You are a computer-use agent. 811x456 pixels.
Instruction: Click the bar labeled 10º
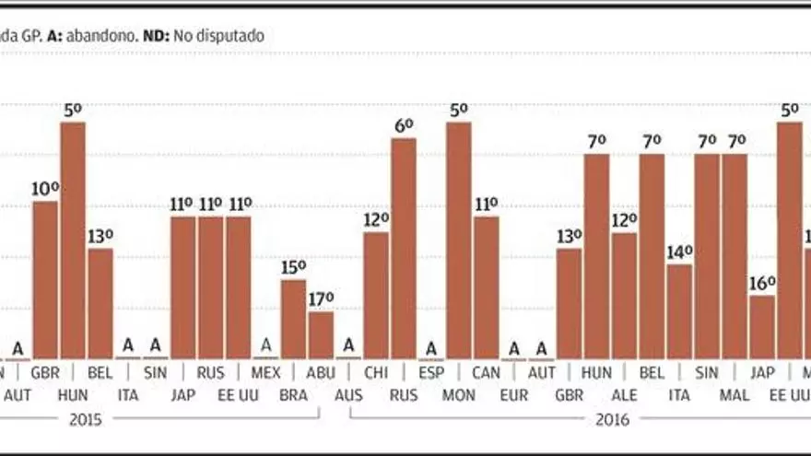[45, 280]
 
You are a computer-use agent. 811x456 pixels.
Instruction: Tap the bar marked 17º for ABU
[321, 335]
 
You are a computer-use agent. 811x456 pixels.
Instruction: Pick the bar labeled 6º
[404, 249]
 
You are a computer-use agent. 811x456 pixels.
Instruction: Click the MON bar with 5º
[459, 240]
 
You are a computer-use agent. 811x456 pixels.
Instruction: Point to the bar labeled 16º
[762, 327]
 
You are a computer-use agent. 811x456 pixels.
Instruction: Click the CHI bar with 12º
[376, 296]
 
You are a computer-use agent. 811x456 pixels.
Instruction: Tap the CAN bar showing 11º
[487, 287]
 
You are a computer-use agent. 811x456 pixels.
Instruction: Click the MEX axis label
[265, 373]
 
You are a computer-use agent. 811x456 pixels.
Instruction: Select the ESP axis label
[430, 373]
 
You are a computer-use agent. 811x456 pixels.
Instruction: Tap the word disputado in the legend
[229, 36]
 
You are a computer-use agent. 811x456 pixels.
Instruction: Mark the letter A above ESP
[430, 348]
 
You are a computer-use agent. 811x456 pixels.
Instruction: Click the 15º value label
[293, 267]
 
